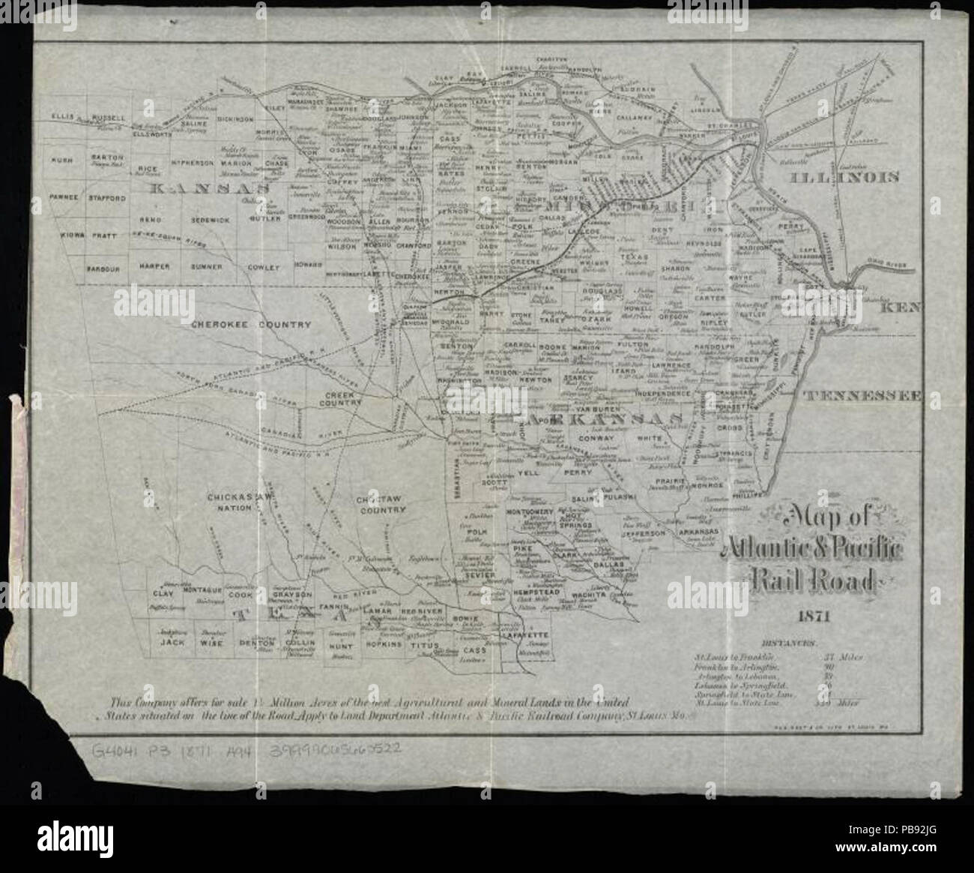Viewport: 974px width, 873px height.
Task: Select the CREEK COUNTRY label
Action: [343, 399]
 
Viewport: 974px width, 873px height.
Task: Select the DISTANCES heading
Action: [790, 643]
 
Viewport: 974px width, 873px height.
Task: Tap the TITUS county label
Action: [417, 644]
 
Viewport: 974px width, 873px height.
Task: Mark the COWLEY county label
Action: [264, 266]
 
